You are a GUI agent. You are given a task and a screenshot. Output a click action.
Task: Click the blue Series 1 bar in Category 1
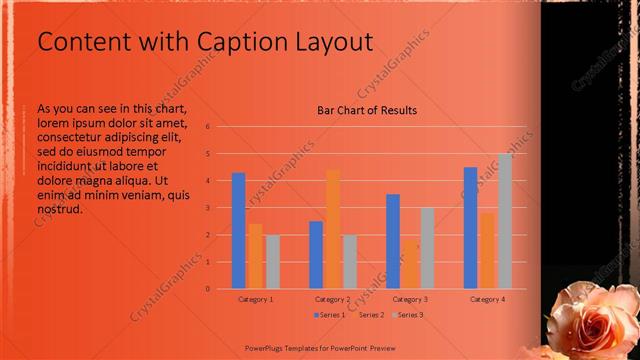click(238, 231)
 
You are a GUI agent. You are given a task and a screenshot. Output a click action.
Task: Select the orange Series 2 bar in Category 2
click(333, 229)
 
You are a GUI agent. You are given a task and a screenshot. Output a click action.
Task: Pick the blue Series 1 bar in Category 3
click(393, 241)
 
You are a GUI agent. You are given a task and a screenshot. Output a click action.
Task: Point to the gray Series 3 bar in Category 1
click(273, 261)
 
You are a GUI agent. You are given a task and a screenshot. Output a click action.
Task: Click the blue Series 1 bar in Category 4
click(470, 228)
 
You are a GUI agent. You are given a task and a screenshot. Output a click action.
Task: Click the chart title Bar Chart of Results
click(367, 110)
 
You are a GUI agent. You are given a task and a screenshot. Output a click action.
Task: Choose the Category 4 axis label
click(487, 299)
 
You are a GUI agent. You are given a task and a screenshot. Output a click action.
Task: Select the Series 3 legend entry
click(410, 315)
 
